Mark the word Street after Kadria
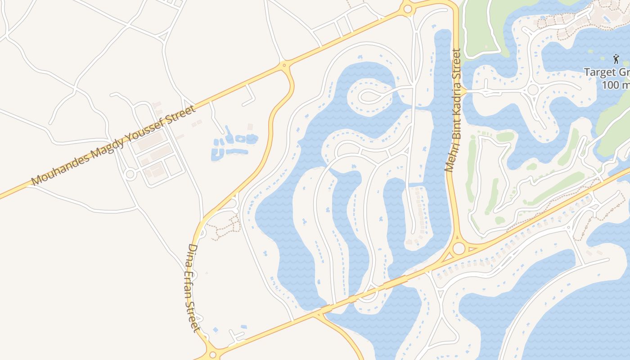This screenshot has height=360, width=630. [x=457, y=67]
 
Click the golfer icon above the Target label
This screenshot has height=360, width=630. [x=616, y=58]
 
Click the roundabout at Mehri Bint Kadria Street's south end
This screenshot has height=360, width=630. [x=459, y=248]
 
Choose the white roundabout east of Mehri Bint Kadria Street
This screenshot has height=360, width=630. [x=533, y=90]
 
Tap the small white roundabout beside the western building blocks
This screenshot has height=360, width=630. [x=130, y=174]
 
